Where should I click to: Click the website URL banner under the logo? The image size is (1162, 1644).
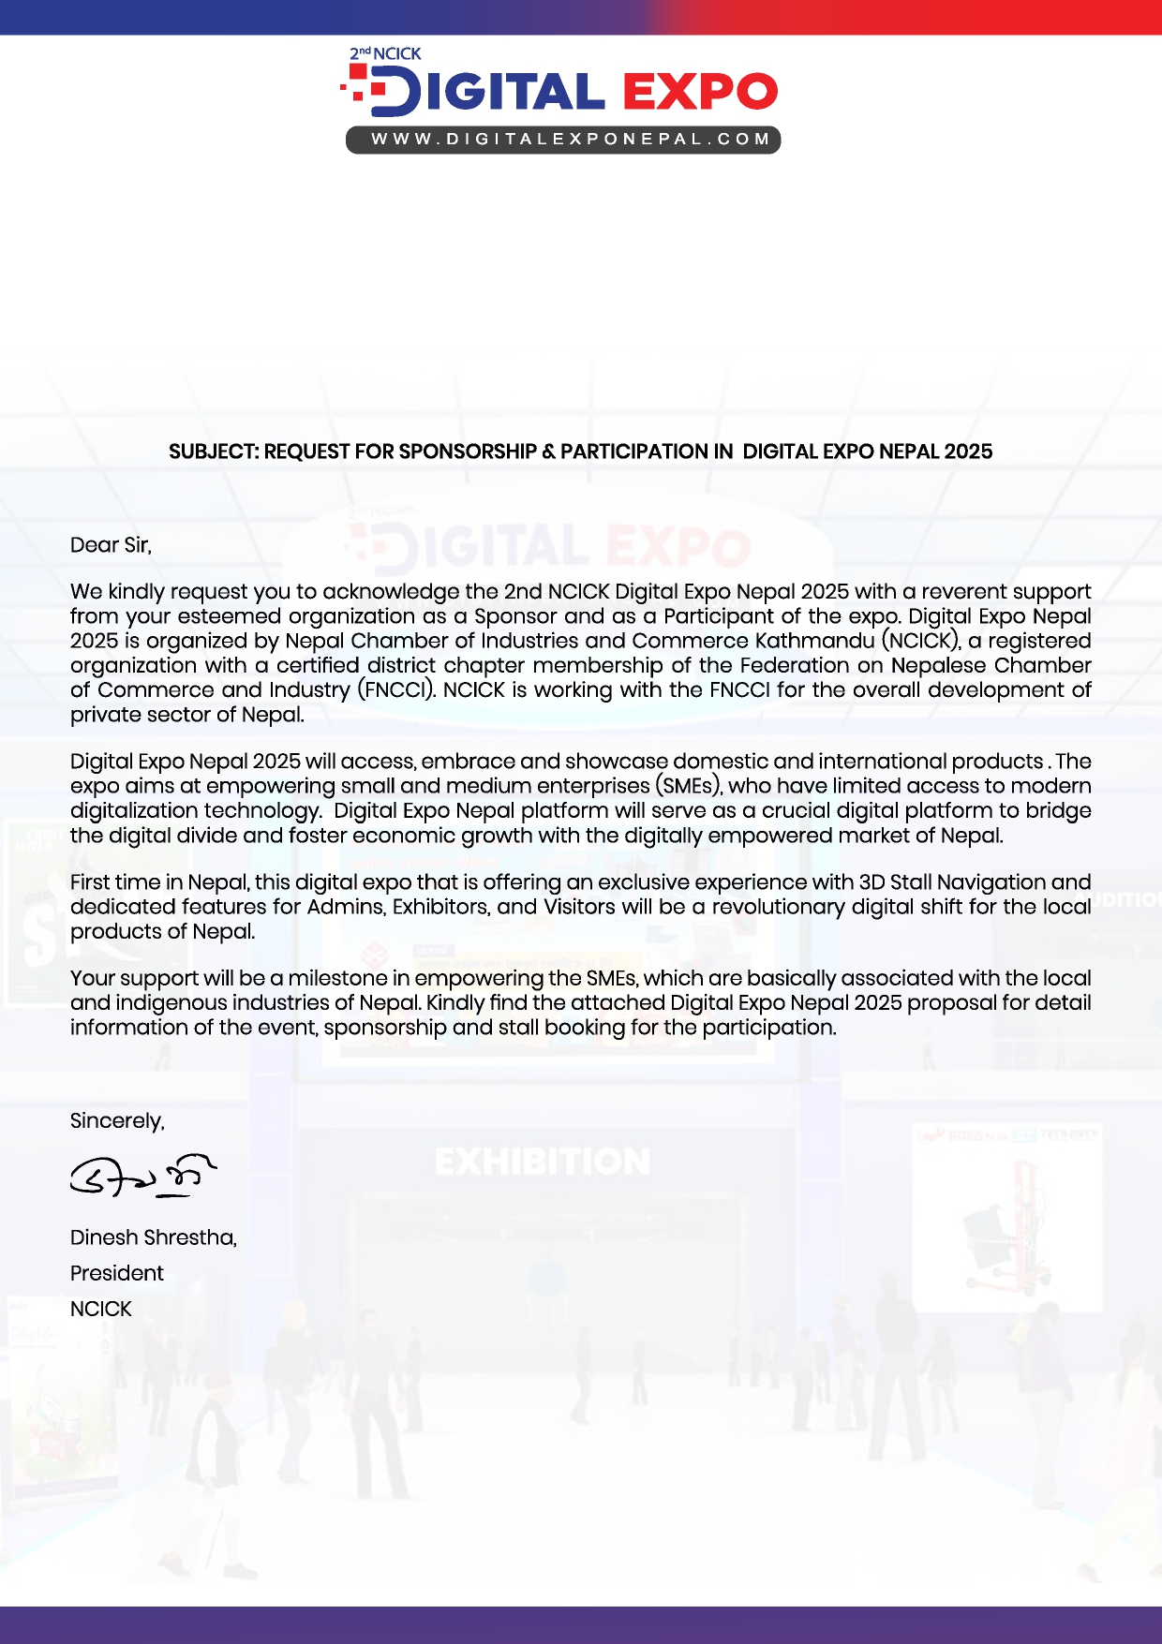pyautogui.click(x=563, y=140)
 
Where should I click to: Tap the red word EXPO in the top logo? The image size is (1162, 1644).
pyautogui.click(x=700, y=92)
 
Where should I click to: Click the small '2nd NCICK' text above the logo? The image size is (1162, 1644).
pyautogui.click(x=385, y=54)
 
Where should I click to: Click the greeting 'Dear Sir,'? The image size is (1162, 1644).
pyautogui.click(x=111, y=545)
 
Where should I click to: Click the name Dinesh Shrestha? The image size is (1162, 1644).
pyautogui.click(x=153, y=1237)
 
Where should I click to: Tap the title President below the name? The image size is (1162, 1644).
pyautogui.click(x=116, y=1273)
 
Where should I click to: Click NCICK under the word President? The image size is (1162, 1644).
pyautogui.click(x=101, y=1309)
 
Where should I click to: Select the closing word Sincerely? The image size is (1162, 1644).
pyautogui.click(x=117, y=1121)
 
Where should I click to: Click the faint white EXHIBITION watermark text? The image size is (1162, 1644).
pyautogui.click(x=543, y=1163)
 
